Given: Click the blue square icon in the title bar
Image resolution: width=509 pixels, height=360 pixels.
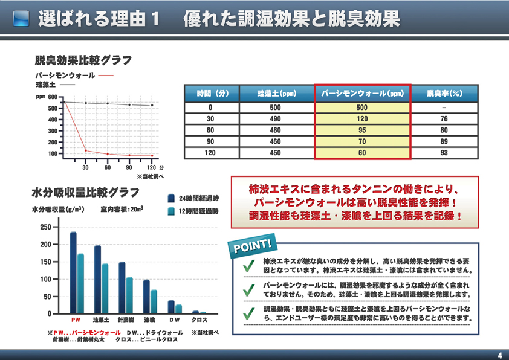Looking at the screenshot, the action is point(21,19).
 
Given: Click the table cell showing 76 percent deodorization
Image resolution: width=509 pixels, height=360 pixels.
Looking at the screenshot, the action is point(444,119).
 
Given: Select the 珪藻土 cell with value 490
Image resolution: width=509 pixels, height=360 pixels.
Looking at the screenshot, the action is point(275,119).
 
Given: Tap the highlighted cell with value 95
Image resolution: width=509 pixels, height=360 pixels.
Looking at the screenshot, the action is point(362,130).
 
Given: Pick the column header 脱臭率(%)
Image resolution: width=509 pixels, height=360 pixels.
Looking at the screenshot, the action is point(444,94).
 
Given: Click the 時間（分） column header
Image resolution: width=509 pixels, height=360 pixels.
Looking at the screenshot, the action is point(212,94).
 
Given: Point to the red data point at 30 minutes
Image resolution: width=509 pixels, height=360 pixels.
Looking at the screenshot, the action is point(86,150).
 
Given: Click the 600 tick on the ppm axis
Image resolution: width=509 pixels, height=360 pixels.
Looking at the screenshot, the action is point(53,97).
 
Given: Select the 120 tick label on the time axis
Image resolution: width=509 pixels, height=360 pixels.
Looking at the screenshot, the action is point(151,167).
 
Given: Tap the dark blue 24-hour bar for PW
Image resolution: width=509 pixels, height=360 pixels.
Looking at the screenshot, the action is point(73,272).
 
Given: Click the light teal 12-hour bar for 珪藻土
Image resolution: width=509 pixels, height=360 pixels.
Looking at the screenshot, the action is point(105,288).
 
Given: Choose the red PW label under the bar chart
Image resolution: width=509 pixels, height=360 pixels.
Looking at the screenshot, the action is point(76,320).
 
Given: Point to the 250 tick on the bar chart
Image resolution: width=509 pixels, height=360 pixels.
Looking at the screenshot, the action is point(46,227).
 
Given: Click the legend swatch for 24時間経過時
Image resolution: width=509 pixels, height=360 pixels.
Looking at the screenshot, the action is point(171,198).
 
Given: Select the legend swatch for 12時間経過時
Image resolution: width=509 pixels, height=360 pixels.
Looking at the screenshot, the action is point(171,211).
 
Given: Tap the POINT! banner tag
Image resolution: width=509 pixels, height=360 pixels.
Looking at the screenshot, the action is point(252,246).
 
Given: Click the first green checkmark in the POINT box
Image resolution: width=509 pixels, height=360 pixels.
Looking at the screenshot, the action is point(249,266).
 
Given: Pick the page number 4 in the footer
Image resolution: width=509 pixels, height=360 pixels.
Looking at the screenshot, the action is point(500,355).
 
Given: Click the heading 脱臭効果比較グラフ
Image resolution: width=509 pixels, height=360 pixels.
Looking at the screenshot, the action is point(83,60).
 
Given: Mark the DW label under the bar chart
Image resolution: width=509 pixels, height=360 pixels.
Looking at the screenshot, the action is point(174,320).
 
